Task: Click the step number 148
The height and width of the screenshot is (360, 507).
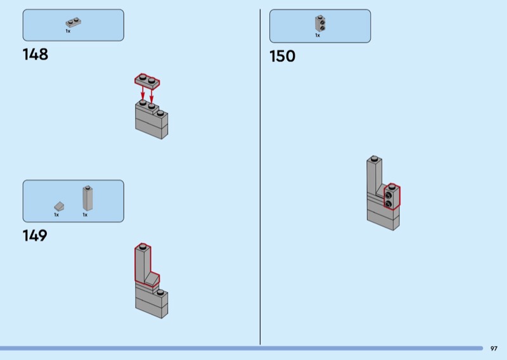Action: (x=35, y=55)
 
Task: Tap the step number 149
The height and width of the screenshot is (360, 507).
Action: (x=35, y=236)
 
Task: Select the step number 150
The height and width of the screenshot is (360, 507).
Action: (x=283, y=56)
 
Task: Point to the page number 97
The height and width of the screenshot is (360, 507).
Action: (x=494, y=348)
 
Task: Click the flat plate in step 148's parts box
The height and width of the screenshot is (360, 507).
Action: (x=74, y=23)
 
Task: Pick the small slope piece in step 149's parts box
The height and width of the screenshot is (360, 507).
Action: (x=59, y=206)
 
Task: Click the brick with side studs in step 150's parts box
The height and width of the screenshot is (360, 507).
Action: (x=320, y=24)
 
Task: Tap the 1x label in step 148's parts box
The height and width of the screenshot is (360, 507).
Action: (x=68, y=31)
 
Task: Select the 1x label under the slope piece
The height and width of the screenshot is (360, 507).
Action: (x=56, y=215)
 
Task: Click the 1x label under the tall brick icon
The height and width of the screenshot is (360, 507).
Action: (x=85, y=215)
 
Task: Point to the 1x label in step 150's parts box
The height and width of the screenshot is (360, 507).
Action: (x=318, y=35)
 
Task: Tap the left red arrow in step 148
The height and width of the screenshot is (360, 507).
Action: (x=143, y=94)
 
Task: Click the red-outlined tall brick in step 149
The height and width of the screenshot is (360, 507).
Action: (x=143, y=264)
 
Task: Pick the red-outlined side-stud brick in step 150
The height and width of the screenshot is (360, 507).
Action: (x=392, y=198)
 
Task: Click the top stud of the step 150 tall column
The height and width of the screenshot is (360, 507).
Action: (x=374, y=158)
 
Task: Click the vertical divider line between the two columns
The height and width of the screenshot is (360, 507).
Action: (x=260, y=177)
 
